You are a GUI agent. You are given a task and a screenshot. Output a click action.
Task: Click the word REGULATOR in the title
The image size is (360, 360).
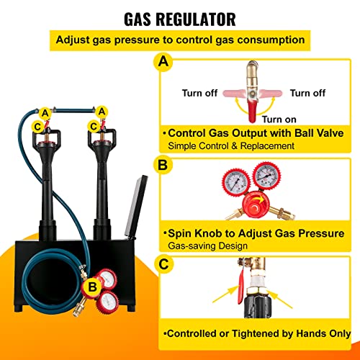pos(196,19)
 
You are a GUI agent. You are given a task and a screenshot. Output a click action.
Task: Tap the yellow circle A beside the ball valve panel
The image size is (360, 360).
pos(163,62)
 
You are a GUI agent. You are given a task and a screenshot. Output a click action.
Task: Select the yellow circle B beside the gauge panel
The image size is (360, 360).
pos(163,165)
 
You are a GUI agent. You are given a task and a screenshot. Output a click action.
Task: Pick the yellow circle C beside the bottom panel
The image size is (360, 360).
pos(163,264)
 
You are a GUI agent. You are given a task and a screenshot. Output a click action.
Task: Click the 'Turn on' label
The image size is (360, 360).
pos(279,120)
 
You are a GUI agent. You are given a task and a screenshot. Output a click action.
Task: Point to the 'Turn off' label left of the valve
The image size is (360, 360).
pos(199,93)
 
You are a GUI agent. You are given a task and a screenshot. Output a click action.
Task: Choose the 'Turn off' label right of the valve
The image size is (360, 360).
pos(307,93)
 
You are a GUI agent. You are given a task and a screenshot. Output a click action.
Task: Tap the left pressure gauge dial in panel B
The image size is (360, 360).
pos(236,183)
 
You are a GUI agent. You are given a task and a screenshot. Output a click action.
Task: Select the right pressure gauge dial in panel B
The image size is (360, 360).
pos(266,175)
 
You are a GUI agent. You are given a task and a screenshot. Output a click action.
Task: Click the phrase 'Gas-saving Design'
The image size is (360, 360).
pos(208,246)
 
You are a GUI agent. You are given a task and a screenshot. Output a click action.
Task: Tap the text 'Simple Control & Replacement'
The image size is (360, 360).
pos(231,146)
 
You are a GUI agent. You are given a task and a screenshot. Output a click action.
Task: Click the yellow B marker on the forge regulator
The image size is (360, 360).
pos(92,287)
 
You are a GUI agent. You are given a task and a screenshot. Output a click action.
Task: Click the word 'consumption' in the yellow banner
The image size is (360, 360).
pos(271,40)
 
